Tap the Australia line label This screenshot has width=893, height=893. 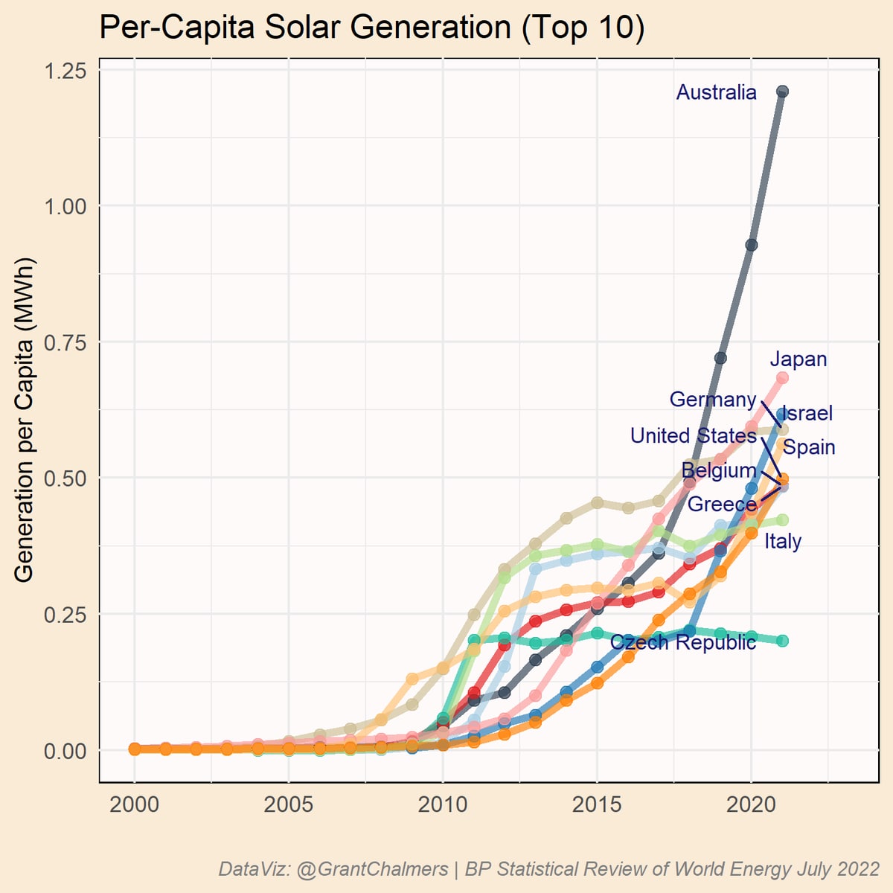716,92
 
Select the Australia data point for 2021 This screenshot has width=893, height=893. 782,92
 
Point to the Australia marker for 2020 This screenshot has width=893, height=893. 752,245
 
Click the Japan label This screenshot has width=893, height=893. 798,359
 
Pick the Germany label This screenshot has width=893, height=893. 712,400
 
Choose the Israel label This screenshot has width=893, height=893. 808,414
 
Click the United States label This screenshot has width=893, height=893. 693,435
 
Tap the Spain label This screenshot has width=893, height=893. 809,447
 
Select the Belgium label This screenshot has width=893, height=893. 718,470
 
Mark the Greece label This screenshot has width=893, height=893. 721,505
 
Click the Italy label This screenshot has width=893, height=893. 783,541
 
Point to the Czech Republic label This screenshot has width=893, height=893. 682,642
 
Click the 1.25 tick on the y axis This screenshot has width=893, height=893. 65,71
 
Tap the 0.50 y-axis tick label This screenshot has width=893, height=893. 65,478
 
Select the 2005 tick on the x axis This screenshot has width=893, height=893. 288,805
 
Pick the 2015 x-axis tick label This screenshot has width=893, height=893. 597,805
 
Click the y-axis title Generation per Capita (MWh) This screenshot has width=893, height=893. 24,420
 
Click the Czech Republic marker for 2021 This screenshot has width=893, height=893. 782,641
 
